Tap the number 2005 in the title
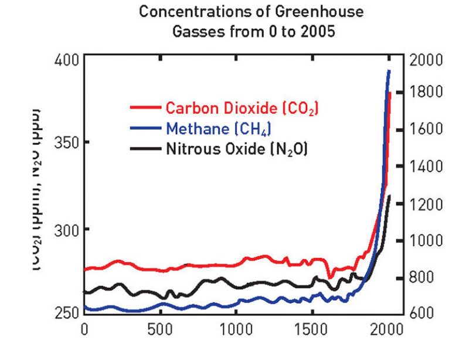click(x=318, y=32)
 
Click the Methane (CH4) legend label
click(x=219, y=128)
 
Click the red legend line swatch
click(x=144, y=108)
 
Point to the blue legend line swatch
click(x=144, y=128)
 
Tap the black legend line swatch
click(x=144, y=148)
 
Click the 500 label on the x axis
click(x=160, y=328)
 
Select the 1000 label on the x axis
click(x=235, y=328)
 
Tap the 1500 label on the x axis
click(x=311, y=328)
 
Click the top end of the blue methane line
click(x=389, y=71)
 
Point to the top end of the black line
click(x=389, y=196)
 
